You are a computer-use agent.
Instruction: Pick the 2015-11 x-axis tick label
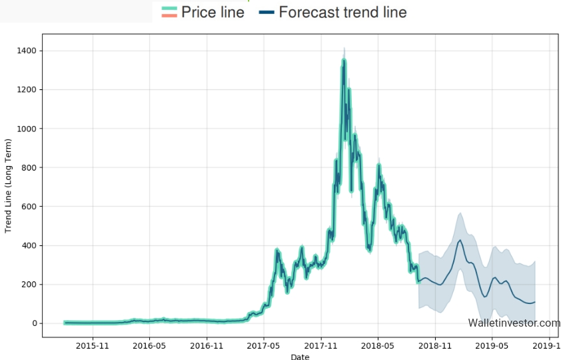(x=92, y=346)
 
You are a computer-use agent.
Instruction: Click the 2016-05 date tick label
(x=149, y=346)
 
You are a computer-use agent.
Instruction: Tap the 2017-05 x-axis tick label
(x=264, y=346)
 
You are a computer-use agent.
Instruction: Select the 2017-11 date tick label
(x=321, y=346)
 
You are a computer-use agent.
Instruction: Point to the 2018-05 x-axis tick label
(x=378, y=346)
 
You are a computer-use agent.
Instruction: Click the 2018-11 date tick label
(x=436, y=346)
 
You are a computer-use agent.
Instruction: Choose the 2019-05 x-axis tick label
(x=493, y=346)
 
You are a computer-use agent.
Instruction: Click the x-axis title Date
(x=300, y=357)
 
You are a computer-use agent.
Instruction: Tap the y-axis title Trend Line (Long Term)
(x=9, y=186)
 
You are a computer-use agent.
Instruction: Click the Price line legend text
(x=213, y=12)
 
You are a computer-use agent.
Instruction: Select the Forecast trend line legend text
(x=342, y=12)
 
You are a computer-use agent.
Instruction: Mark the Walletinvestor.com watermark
(x=514, y=323)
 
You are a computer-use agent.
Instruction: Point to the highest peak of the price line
(x=344, y=59)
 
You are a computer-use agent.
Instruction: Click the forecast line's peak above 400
(x=460, y=241)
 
